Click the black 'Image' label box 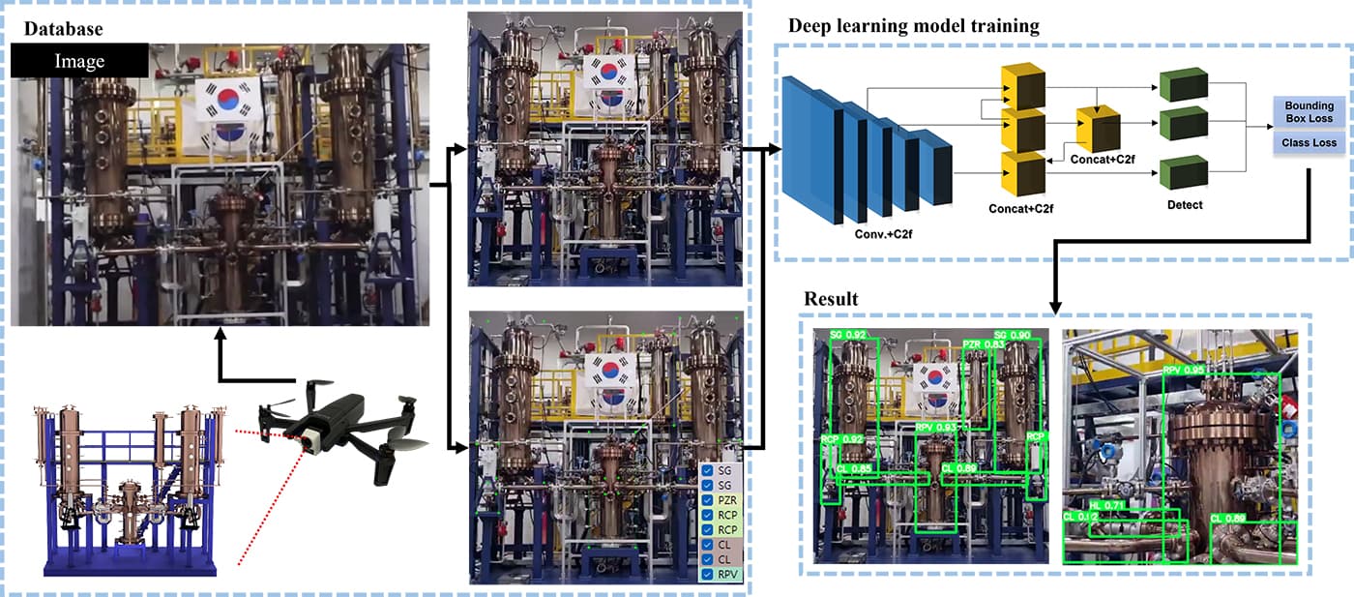79,61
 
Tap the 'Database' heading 63,30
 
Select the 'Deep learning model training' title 914,25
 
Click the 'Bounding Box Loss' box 1309,112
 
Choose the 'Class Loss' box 1309,143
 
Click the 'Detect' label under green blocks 1184,205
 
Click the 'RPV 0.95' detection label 1184,370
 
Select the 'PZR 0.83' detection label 983,345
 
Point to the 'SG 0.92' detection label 848,335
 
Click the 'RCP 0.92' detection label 841,439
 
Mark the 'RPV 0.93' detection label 935,427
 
